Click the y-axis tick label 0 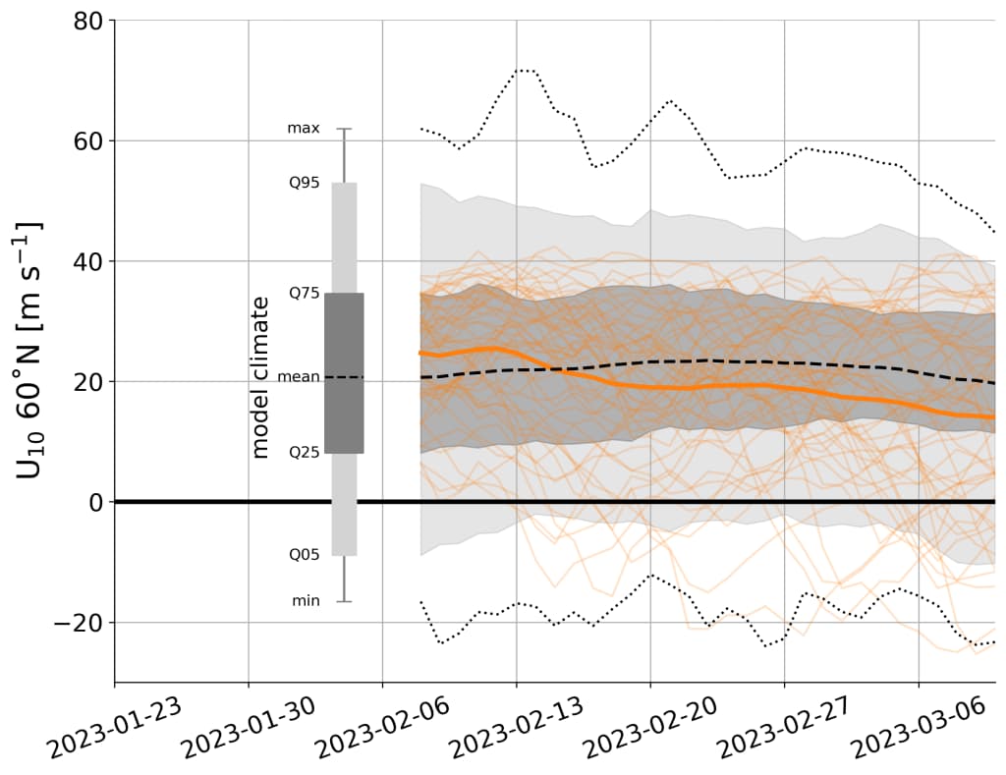[x=96, y=502]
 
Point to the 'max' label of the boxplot [x=303, y=129]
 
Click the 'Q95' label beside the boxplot [x=304, y=183]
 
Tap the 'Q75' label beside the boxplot [x=304, y=293]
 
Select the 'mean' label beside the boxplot [x=299, y=376]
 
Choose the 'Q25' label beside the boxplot [x=304, y=453]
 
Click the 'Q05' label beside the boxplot [x=304, y=555]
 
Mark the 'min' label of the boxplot [x=306, y=601]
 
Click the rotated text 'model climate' [x=260, y=376]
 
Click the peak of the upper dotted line [x=526, y=70]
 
